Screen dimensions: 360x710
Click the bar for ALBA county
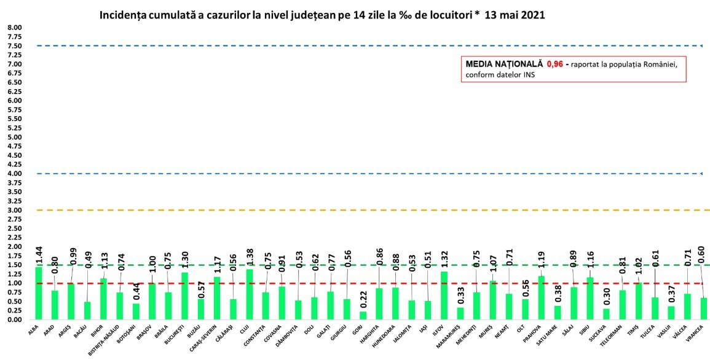39,294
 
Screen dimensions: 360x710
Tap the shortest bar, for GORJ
363,316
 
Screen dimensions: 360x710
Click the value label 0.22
363,299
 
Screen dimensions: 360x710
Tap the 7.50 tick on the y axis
14,46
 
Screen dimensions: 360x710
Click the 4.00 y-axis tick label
14,174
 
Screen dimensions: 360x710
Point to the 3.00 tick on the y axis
14,210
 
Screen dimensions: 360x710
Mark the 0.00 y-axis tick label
14,320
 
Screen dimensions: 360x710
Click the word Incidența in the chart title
125,15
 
